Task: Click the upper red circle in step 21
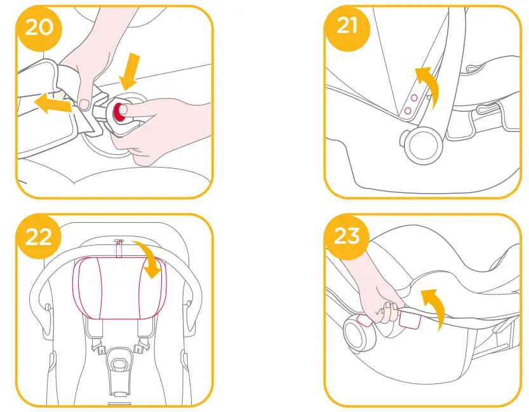click(x=413, y=98)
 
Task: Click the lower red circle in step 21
click(x=406, y=110)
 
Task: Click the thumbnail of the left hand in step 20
click(x=84, y=104)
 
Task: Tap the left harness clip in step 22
click(x=98, y=346)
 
